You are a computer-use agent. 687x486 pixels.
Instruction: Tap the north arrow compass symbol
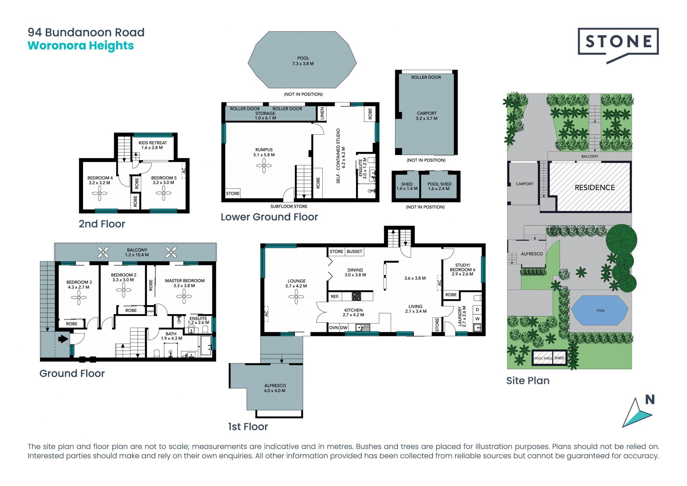coord(638,413)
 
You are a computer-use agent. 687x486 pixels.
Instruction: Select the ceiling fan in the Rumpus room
coord(264,165)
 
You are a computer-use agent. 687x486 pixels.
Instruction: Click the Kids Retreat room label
coord(152,145)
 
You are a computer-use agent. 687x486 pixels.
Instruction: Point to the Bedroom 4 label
coord(100,180)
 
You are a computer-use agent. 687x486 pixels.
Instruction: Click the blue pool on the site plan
coord(600,311)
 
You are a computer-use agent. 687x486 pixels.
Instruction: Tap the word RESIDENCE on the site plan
coord(595,188)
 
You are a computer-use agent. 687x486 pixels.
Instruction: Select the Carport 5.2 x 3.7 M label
coord(427,116)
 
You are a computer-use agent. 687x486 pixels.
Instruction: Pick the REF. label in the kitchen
coord(335,297)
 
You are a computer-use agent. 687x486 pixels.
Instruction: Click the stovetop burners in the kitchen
coord(356,296)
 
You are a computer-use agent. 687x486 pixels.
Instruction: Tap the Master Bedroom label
coord(185,283)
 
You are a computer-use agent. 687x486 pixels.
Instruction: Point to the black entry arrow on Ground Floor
coord(63,338)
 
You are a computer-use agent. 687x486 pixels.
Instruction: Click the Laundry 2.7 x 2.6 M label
coord(462,316)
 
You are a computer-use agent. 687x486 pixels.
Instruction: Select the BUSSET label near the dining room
coord(355,251)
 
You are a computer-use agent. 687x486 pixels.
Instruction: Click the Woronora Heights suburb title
coord(81,46)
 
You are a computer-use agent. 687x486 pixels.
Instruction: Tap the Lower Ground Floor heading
coord(269,217)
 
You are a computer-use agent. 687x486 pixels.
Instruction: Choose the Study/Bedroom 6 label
coord(463,270)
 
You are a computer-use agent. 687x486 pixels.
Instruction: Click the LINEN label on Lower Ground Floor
coord(322,113)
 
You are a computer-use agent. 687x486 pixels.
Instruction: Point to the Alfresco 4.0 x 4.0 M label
coord(275,388)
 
